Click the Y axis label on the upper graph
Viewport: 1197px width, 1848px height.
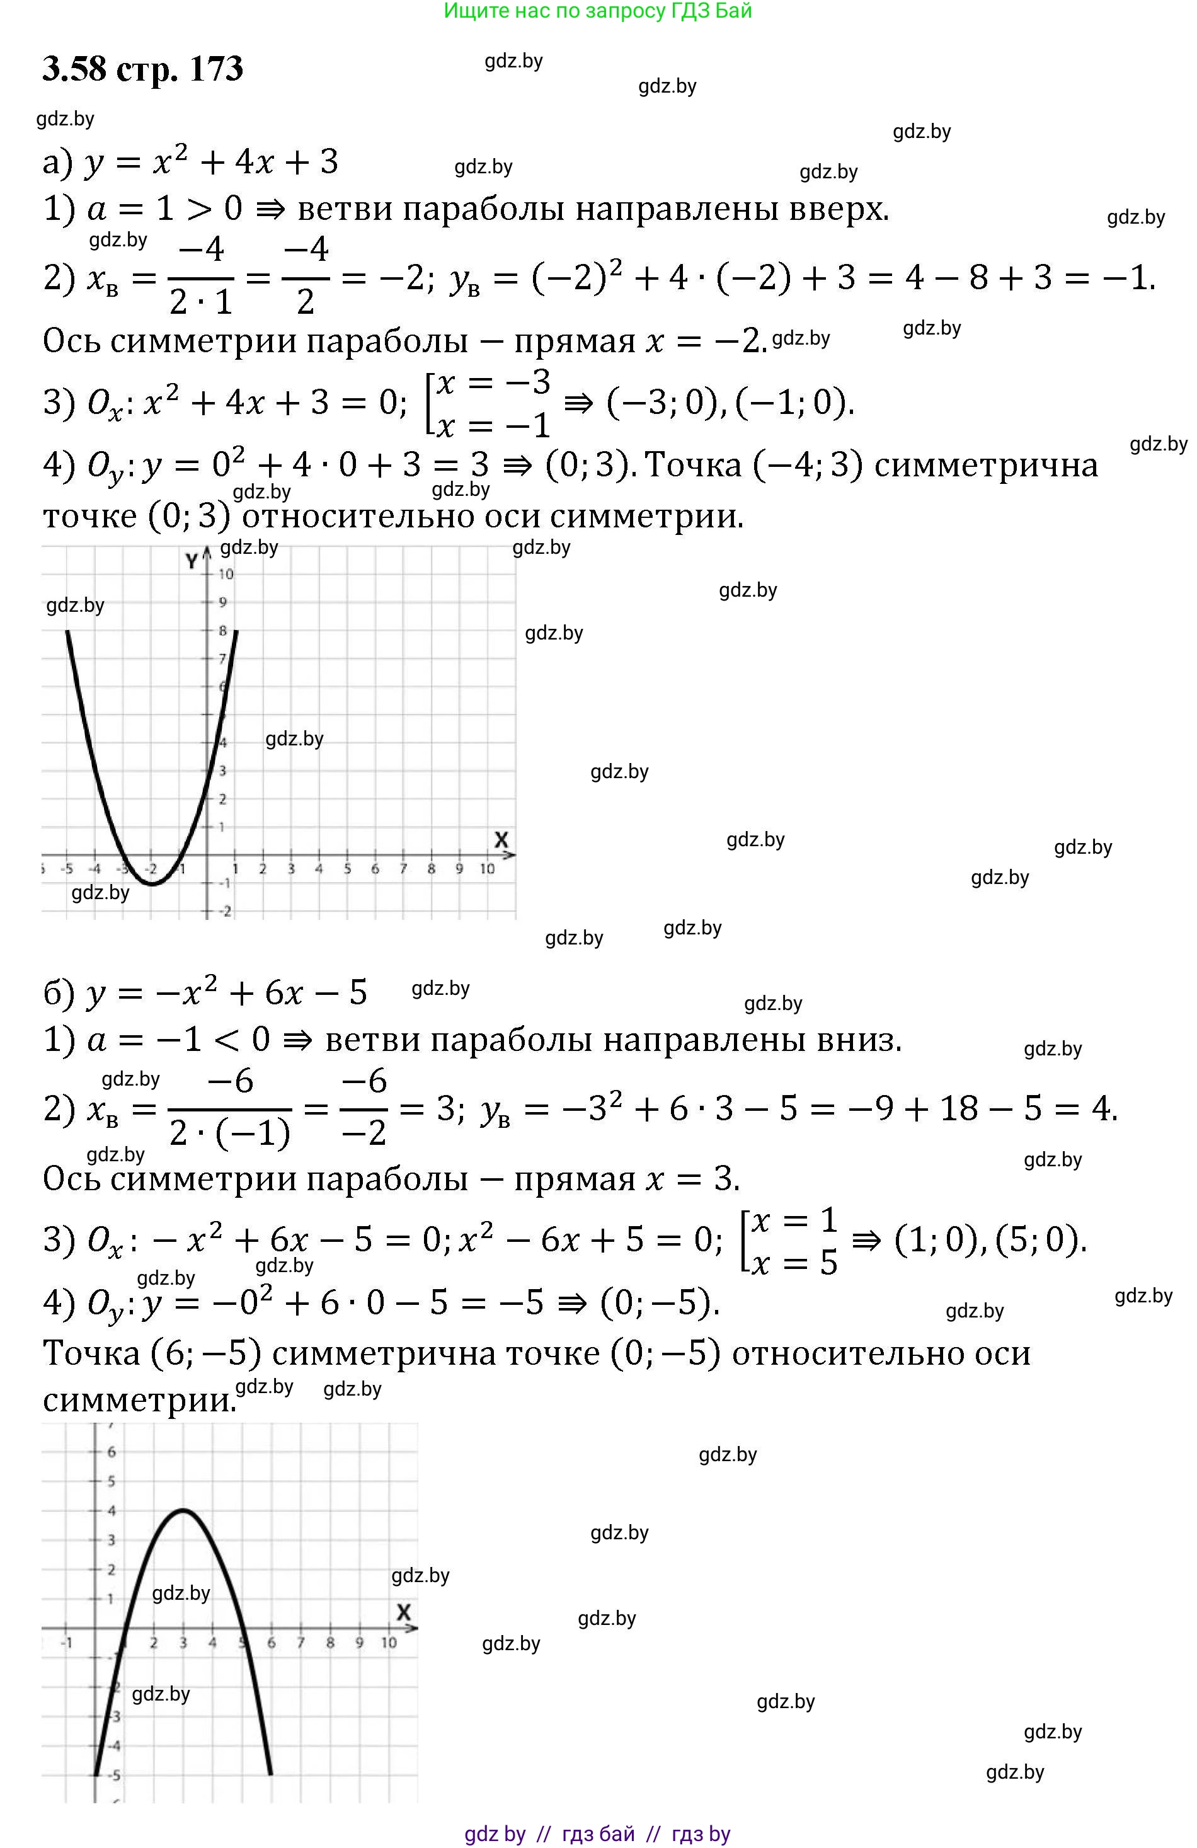tap(192, 561)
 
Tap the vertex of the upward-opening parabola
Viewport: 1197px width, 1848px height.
tap(152, 883)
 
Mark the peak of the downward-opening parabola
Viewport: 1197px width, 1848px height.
tap(183, 1510)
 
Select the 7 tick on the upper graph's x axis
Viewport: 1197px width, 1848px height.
tap(403, 869)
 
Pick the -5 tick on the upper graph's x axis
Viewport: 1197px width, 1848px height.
tap(67, 869)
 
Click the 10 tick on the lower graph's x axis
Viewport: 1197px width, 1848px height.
tap(388, 1643)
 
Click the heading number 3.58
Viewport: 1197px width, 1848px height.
tap(74, 69)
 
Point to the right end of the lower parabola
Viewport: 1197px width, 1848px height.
tap(270, 1774)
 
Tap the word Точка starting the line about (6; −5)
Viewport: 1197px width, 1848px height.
tap(91, 1353)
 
